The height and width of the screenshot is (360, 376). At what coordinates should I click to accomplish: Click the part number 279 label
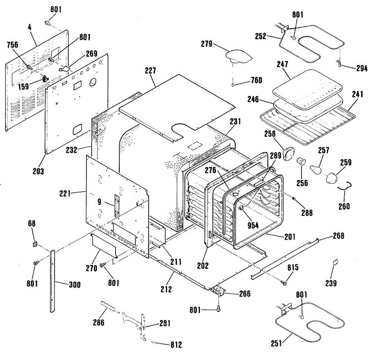206,44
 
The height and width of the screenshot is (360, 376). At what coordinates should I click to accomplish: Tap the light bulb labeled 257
316,169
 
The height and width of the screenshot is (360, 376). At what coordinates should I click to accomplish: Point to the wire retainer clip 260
345,186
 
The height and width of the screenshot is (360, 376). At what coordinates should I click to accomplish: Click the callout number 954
253,225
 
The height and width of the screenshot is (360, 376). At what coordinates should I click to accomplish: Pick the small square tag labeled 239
336,262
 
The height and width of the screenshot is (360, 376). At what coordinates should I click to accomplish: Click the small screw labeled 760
233,85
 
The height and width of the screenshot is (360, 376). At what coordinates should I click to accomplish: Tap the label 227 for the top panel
150,70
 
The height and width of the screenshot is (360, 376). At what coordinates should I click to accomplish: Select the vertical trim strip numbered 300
53,281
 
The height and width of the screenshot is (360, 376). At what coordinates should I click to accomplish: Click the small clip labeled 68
35,244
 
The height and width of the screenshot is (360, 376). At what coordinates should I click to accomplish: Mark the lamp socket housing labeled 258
289,154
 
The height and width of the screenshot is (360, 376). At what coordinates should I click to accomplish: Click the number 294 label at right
362,68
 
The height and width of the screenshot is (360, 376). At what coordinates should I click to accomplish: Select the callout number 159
23,86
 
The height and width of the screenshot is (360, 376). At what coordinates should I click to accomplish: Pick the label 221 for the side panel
65,193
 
